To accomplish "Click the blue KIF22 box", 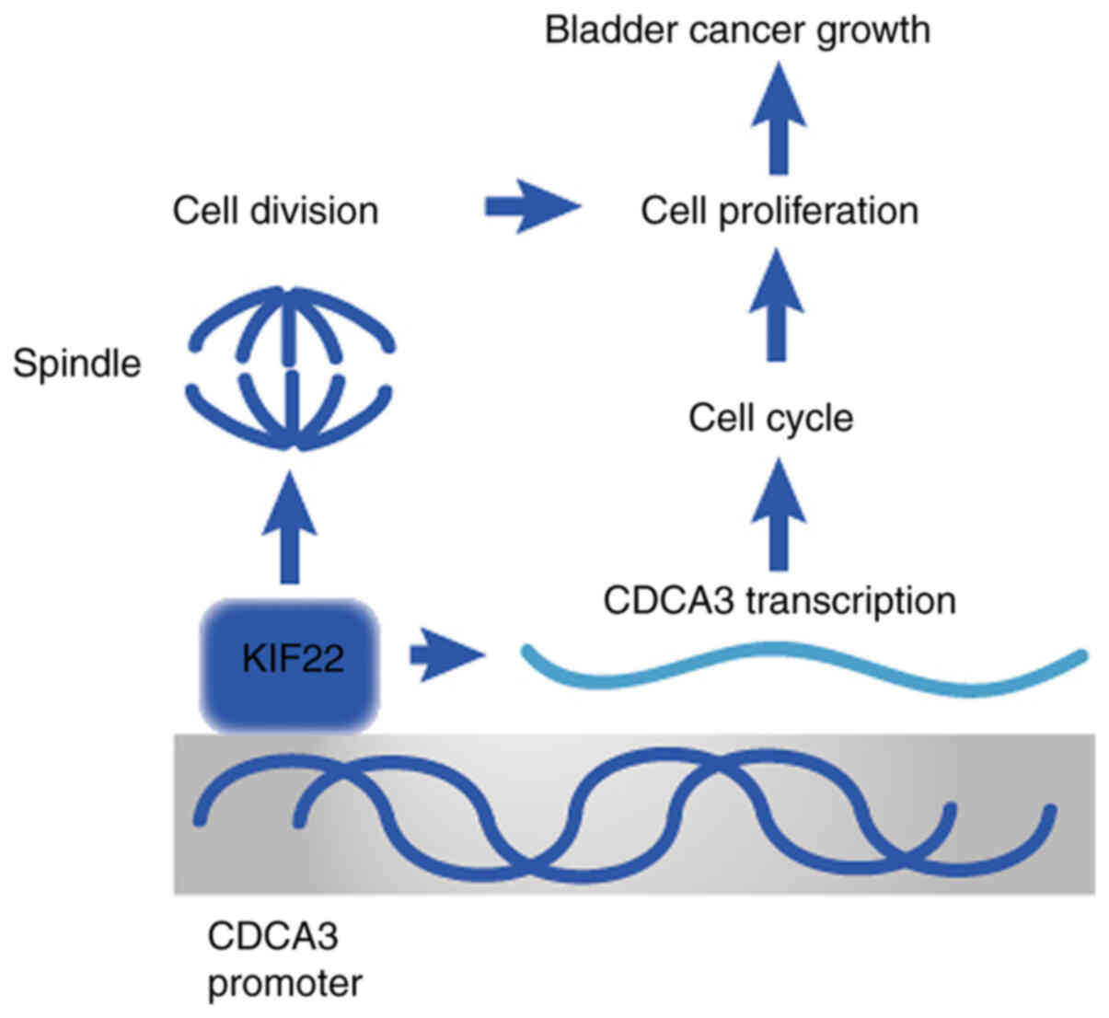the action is (x=290, y=665).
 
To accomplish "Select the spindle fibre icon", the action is (x=292, y=368).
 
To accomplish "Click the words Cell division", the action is (x=275, y=211).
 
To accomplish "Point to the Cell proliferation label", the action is (x=780, y=212).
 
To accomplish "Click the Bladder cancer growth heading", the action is (x=737, y=31).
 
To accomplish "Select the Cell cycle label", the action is (x=770, y=419).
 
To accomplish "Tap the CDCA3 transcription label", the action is (x=780, y=601).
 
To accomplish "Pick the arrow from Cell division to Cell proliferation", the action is (x=533, y=207).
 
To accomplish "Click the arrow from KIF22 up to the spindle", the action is (x=290, y=527).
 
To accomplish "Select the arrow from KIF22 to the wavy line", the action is (x=447, y=655).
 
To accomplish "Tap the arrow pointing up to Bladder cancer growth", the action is (x=779, y=118).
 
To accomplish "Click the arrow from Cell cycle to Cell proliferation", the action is (x=777, y=305).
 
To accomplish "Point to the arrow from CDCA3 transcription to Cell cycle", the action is (x=779, y=515).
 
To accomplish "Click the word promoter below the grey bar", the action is (x=284, y=985).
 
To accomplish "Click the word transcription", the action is (x=851, y=602).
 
